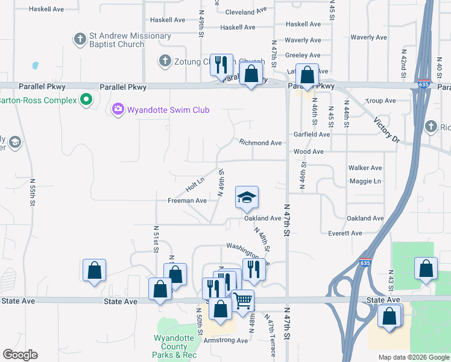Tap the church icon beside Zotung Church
click(165, 60)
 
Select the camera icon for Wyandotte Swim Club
click(118, 109)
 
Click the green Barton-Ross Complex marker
click(86, 100)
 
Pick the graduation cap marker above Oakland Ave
click(247, 197)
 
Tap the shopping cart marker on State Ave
click(242, 299)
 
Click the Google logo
click(20, 355)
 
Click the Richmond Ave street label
click(260, 143)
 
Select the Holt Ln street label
click(195, 185)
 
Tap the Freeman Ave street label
click(187, 200)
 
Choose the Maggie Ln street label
click(365, 181)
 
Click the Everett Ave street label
click(345, 233)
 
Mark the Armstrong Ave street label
click(225, 340)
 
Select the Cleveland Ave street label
click(245, 11)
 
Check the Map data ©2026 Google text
click(414, 357)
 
